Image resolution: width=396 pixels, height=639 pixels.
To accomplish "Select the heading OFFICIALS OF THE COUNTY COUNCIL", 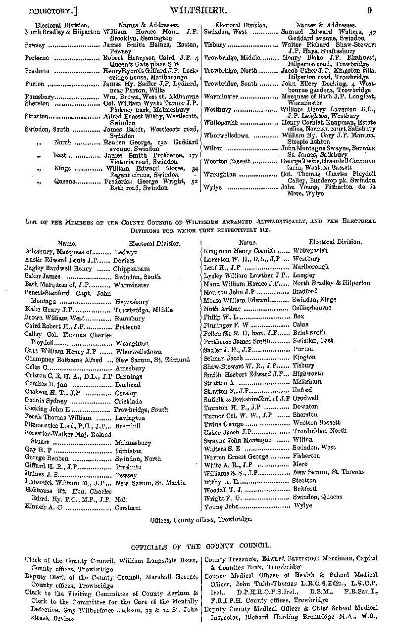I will click(200, 546).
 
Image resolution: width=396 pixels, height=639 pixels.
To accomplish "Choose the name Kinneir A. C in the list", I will click(42, 507).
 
